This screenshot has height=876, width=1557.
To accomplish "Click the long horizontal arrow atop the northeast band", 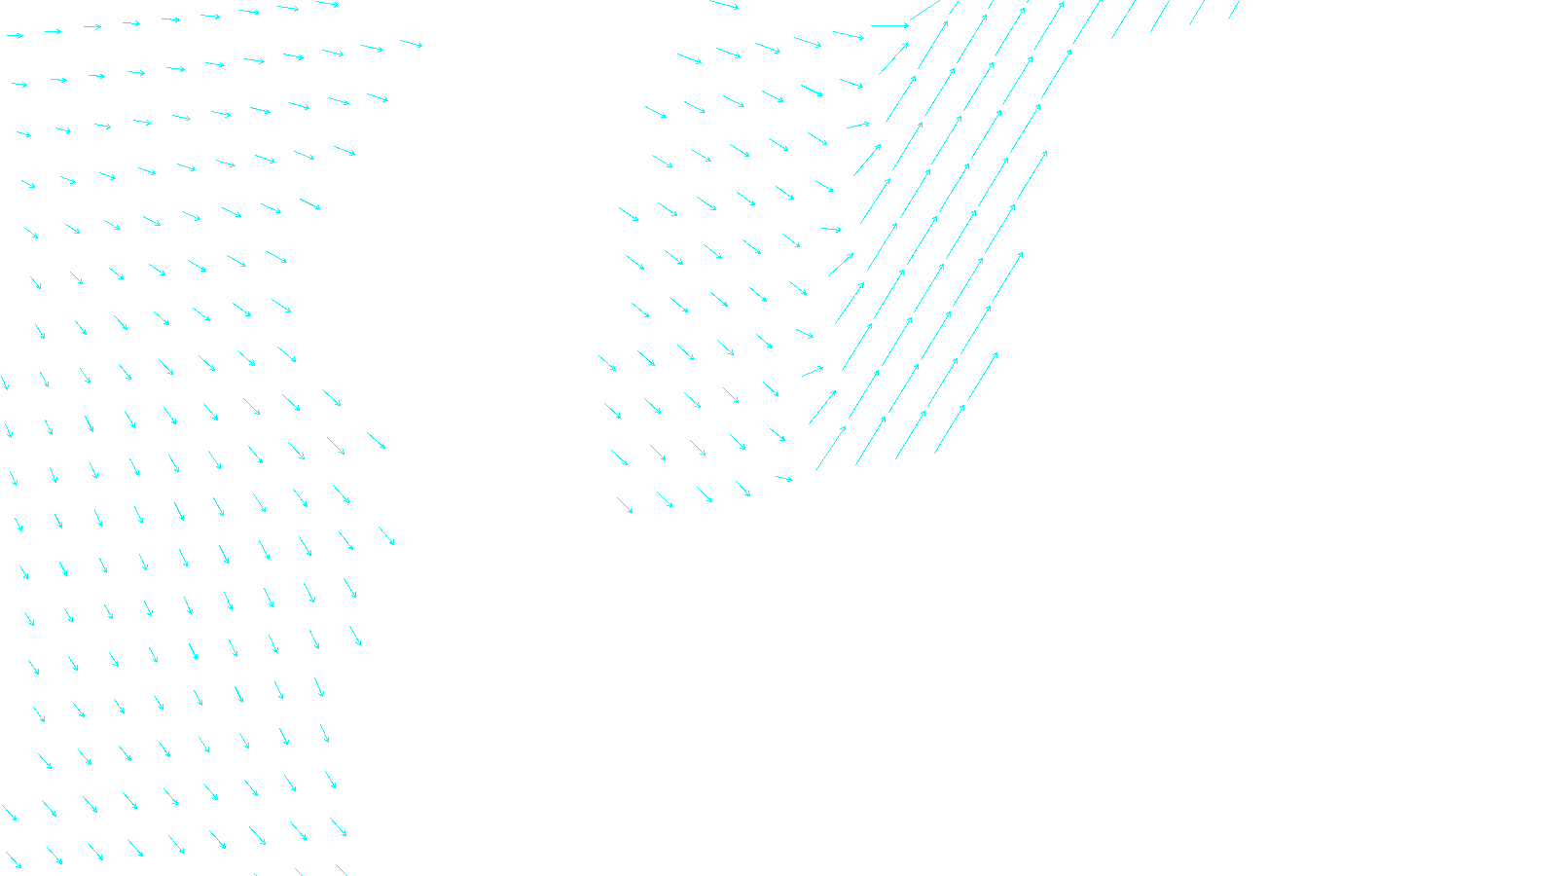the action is [889, 25].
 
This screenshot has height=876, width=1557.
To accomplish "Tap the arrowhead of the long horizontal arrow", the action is [906, 25].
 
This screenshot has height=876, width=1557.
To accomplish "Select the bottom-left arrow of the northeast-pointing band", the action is [830, 449].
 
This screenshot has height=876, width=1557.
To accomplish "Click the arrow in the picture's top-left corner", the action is [15, 36].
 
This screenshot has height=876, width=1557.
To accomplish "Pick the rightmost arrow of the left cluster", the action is [412, 43].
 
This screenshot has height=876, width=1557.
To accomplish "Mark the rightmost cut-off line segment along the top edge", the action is [1234, 10].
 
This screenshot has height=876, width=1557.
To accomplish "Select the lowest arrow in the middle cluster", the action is [625, 505].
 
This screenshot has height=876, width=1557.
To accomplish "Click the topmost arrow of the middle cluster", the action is [724, 5].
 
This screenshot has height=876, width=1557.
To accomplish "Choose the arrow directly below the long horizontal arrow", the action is [893, 58].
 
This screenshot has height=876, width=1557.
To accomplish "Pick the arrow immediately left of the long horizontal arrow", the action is [849, 36].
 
